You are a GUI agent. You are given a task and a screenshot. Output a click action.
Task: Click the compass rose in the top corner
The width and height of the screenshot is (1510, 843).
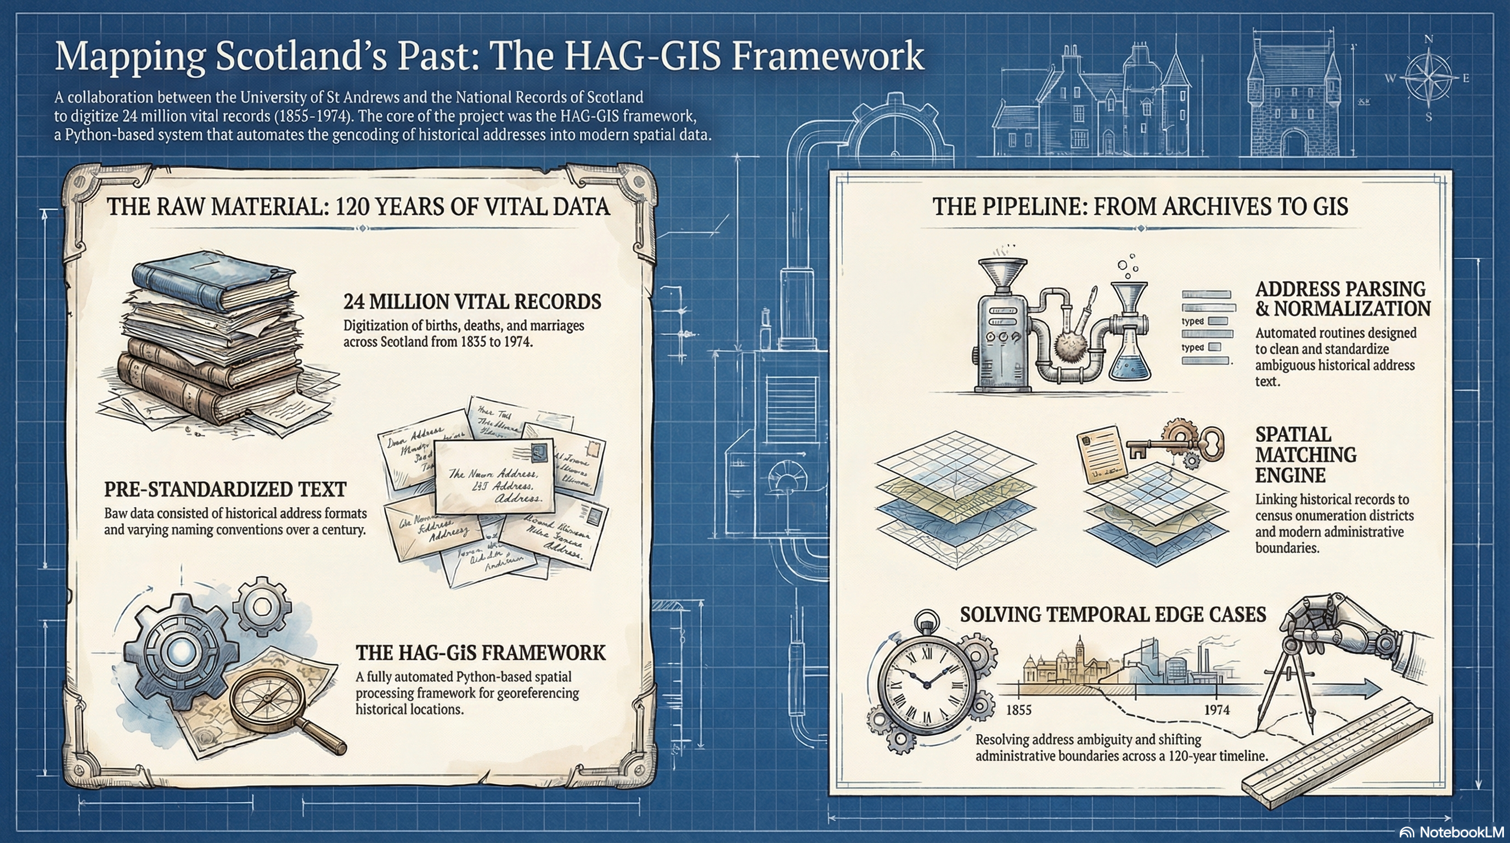coord(1428,78)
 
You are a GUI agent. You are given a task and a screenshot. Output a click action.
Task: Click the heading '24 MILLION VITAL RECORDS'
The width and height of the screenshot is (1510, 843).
coord(472,302)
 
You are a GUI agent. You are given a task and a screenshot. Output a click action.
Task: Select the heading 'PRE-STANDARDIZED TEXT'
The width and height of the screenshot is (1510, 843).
coord(225,490)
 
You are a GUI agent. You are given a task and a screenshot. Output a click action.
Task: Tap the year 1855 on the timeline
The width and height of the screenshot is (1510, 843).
coord(1018,710)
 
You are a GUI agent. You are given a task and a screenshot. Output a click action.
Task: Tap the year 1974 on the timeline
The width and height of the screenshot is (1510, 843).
coord(1216,710)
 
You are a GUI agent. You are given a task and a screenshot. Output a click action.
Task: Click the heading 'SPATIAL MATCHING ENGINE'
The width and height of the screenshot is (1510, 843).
coord(1305,454)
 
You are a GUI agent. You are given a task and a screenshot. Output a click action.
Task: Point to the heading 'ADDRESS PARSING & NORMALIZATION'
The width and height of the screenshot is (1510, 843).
coord(1342,299)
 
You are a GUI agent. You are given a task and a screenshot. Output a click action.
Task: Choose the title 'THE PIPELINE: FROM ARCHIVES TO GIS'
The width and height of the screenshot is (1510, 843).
coord(1140,207)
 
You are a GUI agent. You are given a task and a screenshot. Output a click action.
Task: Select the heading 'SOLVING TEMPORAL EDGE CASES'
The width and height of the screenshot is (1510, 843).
coord(1113,614)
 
